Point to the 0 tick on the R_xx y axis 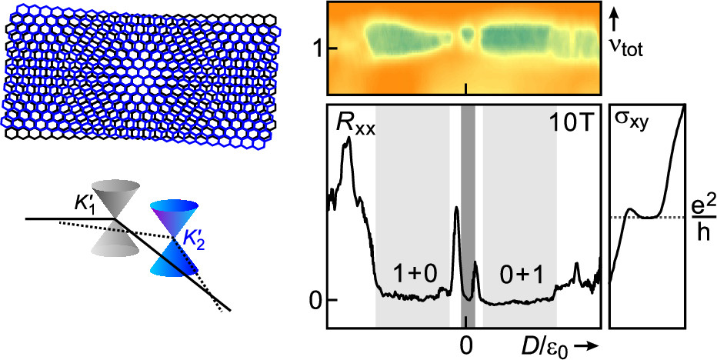pos(314,300)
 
